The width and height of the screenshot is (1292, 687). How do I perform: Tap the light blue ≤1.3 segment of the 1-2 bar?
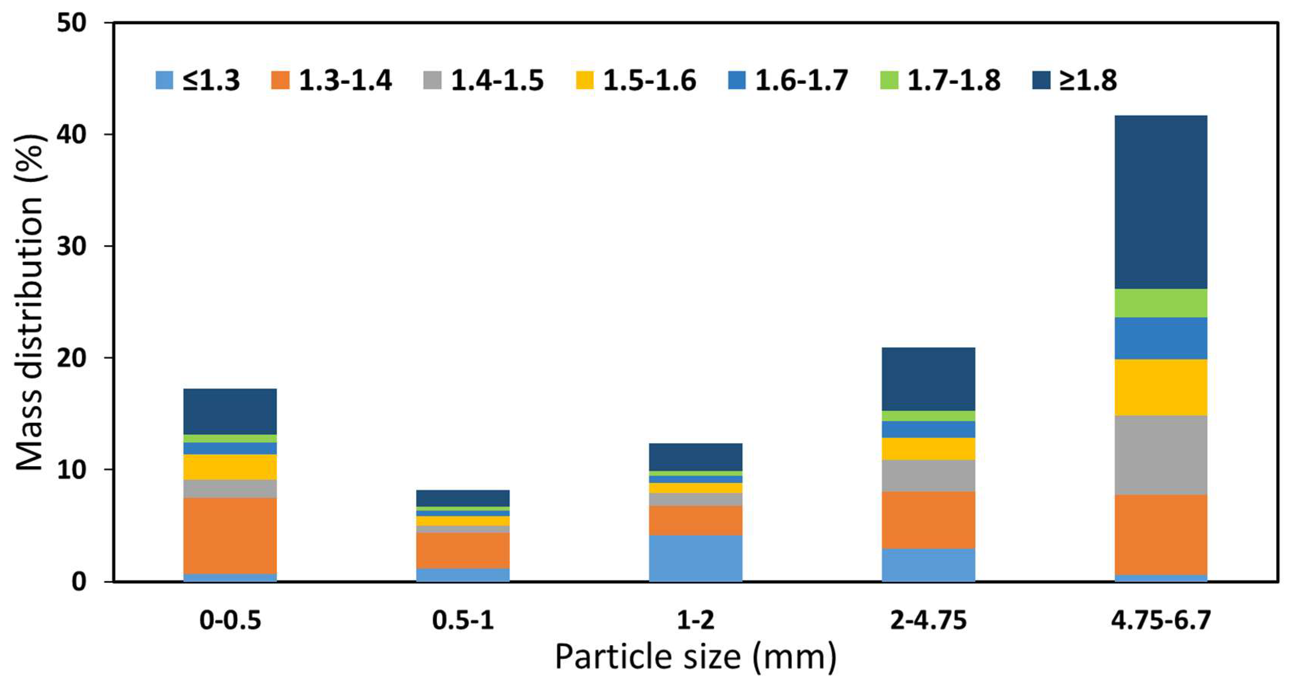[x=696, y=558]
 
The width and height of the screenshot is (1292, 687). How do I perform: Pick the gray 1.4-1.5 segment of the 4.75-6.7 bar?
[x=1161, y=454]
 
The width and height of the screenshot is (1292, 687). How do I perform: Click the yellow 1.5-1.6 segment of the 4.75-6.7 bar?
[x=1161, y=387]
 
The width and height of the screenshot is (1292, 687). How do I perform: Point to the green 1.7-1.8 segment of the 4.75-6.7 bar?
[x=1161, y=303]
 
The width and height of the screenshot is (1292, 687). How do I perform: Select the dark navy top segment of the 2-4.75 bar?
[x=928, y=379]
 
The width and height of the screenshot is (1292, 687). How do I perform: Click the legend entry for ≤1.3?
[x=198, y=80]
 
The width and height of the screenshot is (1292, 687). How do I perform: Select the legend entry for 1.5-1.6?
[x=636, y=80]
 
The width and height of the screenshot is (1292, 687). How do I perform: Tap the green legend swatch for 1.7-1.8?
[x=889, y=80]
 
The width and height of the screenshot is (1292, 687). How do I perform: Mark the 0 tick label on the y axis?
[x=79, y=582]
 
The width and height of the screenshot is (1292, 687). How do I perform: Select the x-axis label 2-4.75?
[x=928, y=621]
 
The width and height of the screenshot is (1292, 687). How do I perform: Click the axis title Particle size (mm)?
[x=696, y=657]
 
